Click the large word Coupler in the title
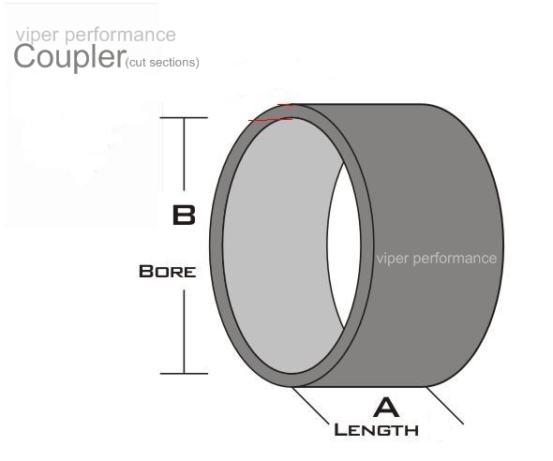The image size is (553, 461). point(69,56)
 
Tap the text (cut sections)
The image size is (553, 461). point(162,63)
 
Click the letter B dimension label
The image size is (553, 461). point(184,215)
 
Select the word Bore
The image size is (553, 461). point(167,272)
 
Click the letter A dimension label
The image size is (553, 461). point(386,408)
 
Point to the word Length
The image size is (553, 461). point(376,430)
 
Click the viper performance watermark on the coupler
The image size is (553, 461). point(437,259)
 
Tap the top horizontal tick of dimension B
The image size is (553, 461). point(184,118)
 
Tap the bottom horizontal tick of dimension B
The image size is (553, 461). point(184,373)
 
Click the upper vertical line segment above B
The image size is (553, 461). point(184,154)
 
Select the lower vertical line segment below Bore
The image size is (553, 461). point(184,332)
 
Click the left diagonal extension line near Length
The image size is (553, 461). point(311,406)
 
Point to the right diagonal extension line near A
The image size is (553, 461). point(445,406)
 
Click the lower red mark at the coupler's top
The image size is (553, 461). point(270,120)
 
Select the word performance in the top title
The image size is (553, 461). point(120,36)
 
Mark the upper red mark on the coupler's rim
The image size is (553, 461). point(285,105)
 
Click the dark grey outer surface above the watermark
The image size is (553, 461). point(430,176)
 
